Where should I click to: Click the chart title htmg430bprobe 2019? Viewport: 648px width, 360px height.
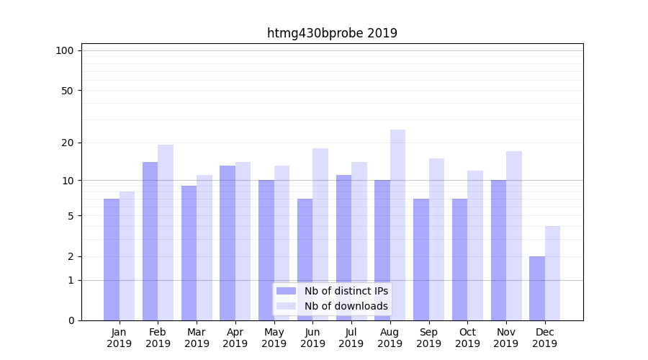point(332,33)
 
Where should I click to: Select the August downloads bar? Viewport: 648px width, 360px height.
point(397,225)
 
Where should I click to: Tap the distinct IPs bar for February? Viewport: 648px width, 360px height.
point(150,241)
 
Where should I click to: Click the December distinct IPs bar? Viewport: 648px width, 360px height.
point(537,288)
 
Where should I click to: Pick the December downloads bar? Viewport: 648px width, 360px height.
point(552,273)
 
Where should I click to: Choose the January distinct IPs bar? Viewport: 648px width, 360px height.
point(112,259)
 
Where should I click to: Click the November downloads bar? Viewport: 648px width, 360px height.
point(513,235)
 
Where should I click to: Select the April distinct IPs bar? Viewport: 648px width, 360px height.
point(228,243)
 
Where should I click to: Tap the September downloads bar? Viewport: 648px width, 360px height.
point(436,239)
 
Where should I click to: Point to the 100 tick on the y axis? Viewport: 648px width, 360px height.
point(65,50)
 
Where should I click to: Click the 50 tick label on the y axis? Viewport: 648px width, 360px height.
point(67,91)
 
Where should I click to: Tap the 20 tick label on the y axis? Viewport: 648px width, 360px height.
point(67,143)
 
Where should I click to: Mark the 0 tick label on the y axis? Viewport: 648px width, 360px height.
point(71,320)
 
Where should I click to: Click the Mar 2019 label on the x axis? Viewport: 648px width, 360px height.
point(197,338)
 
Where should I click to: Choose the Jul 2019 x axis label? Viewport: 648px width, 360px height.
point(351,338)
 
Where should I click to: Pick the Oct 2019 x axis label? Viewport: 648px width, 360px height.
point(467,338)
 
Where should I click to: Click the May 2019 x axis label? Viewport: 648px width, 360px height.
point(274,338)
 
